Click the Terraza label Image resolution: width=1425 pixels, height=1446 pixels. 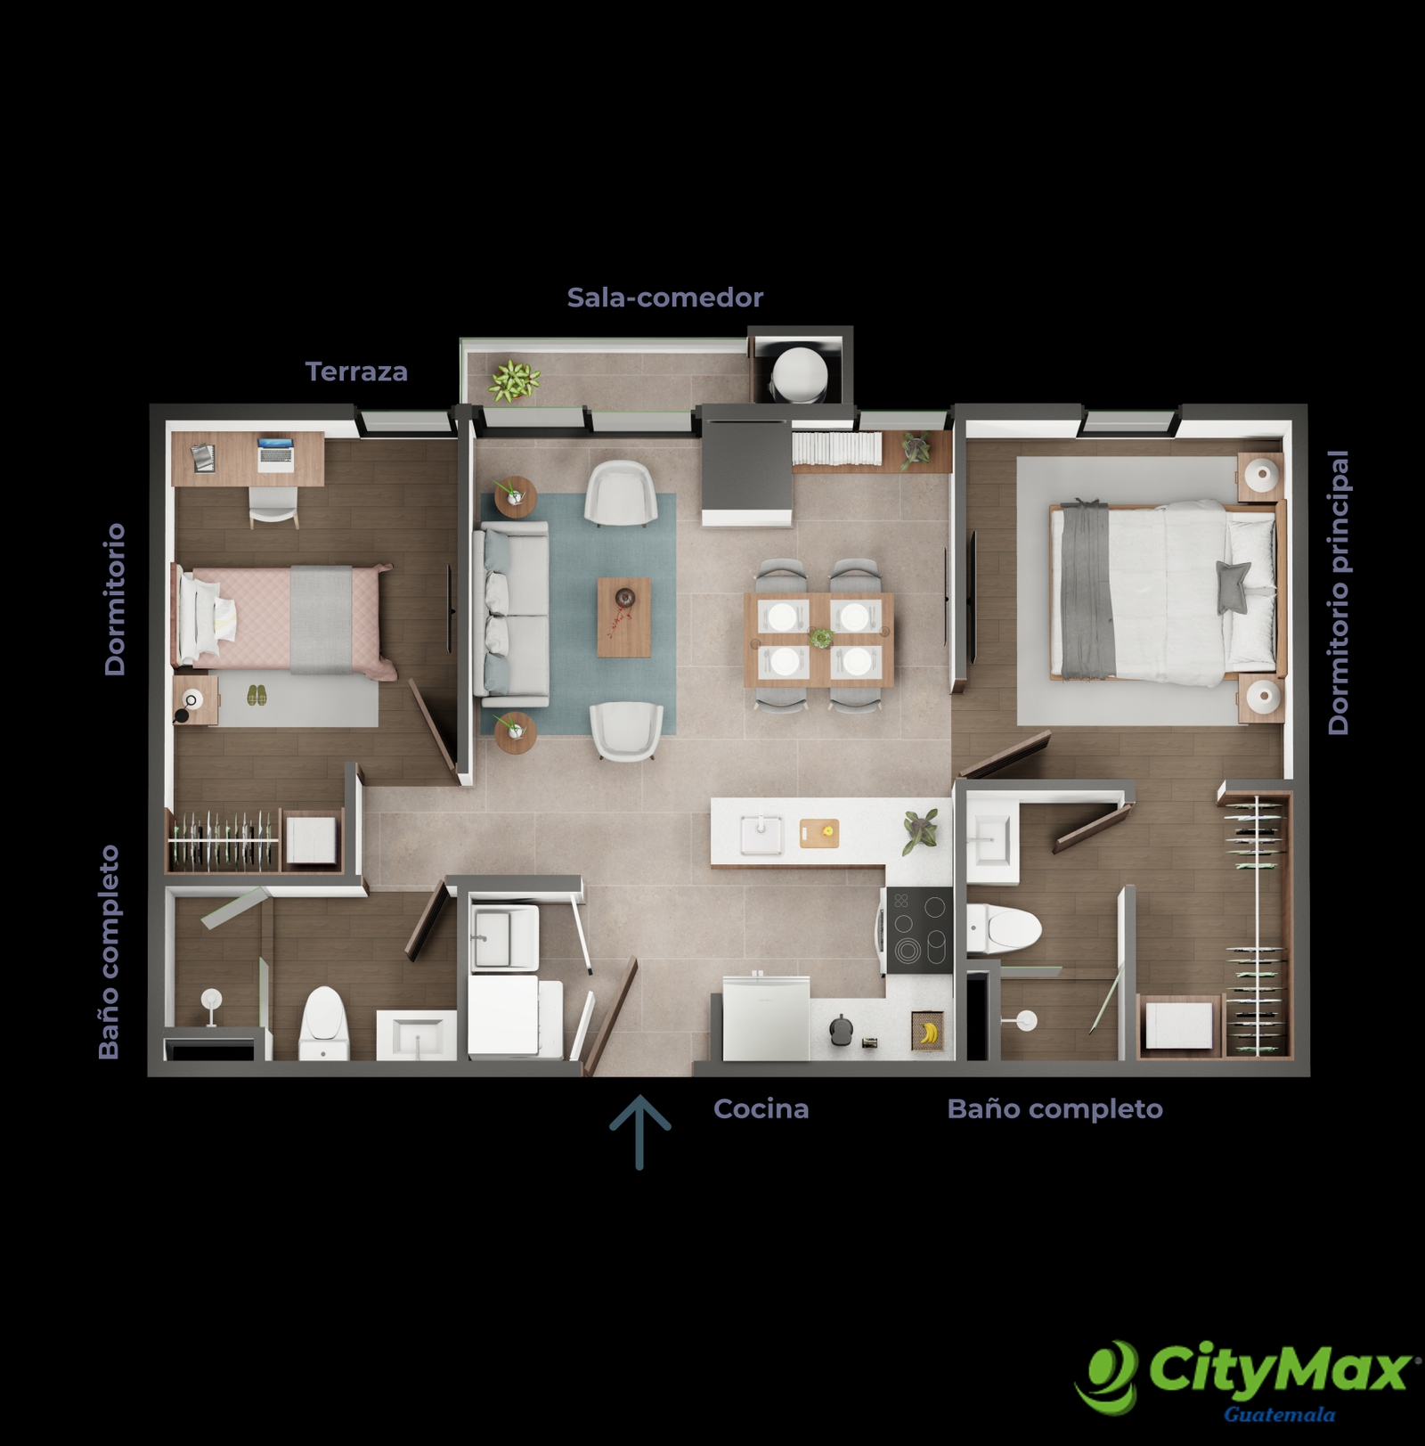356,372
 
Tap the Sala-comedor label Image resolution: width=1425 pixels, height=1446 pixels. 665,298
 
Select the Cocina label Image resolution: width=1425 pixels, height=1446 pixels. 761,1109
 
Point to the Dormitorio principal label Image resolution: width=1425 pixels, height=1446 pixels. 1338,592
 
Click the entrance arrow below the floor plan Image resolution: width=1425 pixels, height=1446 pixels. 639,1131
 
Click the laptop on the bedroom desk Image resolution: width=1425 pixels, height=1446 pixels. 275,454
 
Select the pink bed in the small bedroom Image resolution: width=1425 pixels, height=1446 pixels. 284,620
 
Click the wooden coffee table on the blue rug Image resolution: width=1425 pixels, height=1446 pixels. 623,617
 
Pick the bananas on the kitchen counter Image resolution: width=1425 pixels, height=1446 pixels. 928,1032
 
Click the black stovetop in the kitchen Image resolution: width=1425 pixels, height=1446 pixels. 919,930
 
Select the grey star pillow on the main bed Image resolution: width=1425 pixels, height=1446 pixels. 1234,586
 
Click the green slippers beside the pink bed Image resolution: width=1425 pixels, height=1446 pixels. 256,695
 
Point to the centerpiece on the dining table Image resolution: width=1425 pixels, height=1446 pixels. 820,637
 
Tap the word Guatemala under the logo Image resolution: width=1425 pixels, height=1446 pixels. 1279,1414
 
